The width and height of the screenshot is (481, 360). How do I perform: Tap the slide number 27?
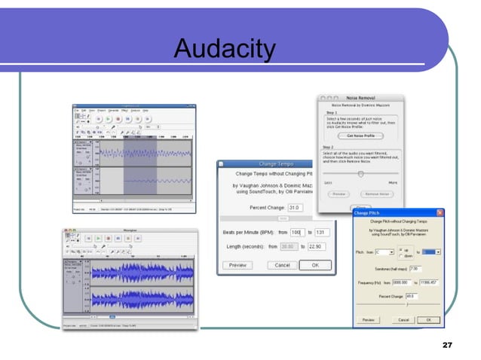point(447,344)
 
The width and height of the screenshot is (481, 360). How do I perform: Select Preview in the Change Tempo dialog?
point(237,264)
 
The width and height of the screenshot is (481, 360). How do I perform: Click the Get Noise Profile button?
point(360,136)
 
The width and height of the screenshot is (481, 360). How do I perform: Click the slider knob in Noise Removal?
point(361,173)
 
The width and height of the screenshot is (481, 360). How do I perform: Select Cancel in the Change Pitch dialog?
point(403,319)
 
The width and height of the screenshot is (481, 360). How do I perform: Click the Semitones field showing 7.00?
point(415,268)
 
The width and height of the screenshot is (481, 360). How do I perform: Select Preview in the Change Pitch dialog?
point(368,319)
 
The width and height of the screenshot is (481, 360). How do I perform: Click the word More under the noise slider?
point(391,182)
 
